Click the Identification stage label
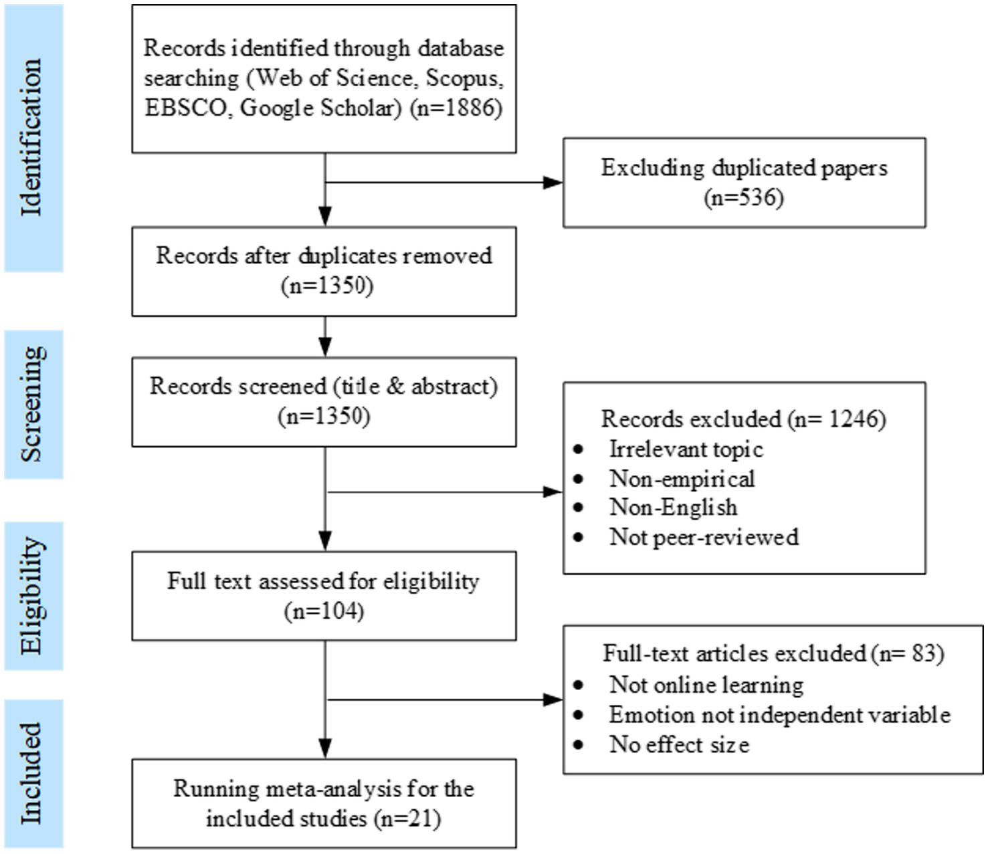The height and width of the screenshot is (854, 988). pyautogui.click(x=32, y=138)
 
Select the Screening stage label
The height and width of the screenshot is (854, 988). pyautogui.click(x=32, y=404)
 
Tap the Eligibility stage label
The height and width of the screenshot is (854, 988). pyautogui.click(x=32, y=596)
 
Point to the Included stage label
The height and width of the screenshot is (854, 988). pyautogui.click(x=32, y=774)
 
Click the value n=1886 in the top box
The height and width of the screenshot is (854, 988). pyautogui.click(x=456, y=108)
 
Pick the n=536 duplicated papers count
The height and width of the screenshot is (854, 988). pyautogui.click(x=743, y=197)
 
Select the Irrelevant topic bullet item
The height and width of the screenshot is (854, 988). pyautogui.click(x=686, y=449)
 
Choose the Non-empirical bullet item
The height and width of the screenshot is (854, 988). pyautogui.click(x=682, y=478)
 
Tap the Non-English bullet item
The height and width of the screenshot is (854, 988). pyautogui.click(x=673, y=508)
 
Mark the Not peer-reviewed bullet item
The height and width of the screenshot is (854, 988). pyautogui.click(x=704, y=537)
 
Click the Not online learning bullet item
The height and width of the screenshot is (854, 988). pyautogui.click(x=706, y=685)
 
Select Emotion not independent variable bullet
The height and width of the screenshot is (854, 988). pyautogui.click(x=779, y=715)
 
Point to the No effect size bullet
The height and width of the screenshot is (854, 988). pyautogui.click(x=679, y=744)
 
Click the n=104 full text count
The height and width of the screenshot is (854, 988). pyautogui.click(x=324, y=611)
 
